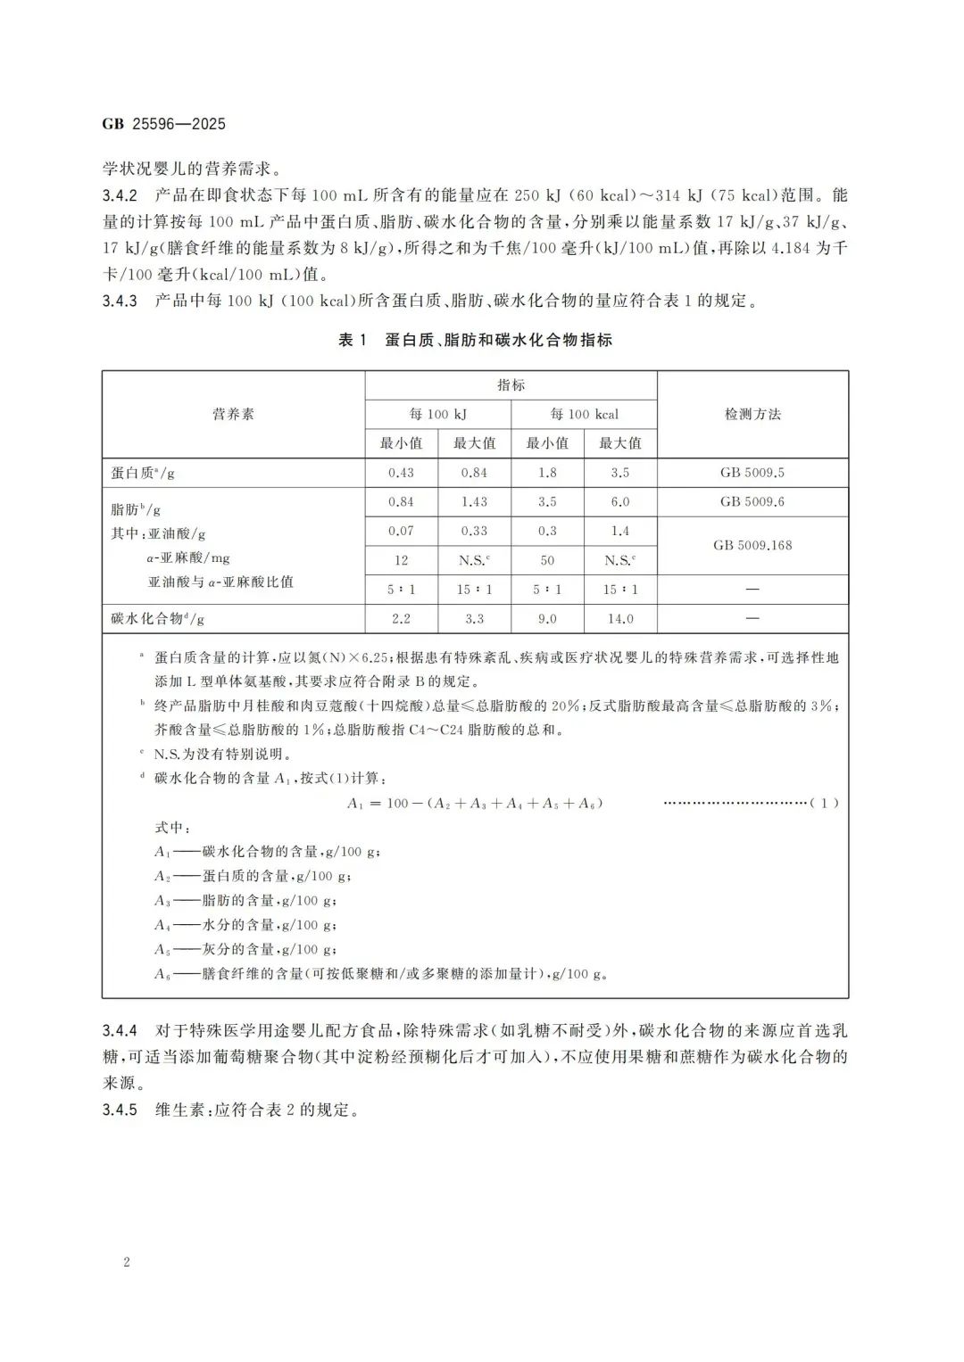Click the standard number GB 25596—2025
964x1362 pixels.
[x=163, y=124]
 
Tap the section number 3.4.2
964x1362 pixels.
[x=120, y=195]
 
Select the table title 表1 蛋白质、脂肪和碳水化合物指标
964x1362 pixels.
[x=475, y=340]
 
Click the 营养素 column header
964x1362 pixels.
[x=233, y=414]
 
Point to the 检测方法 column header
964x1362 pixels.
[x=752, y=414]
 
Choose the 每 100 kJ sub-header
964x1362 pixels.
[x=437, y=414]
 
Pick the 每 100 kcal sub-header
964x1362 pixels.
[x=584, y=414]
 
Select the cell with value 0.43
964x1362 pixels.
[x=401, y=473]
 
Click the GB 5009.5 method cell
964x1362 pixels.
[x=752, y=473]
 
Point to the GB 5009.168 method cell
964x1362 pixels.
[x=752, y=545]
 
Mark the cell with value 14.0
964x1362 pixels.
[x=620, y=618]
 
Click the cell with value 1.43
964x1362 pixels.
[x=474, y=502]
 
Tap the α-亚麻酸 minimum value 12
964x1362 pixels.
[x=401, y=560]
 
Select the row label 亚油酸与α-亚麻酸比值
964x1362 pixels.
[x=220, y=582]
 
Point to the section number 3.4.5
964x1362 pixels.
[x=120, y=1110]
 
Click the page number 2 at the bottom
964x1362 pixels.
[x=127, y=1262]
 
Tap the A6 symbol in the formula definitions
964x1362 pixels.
[x=162, y=974]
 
